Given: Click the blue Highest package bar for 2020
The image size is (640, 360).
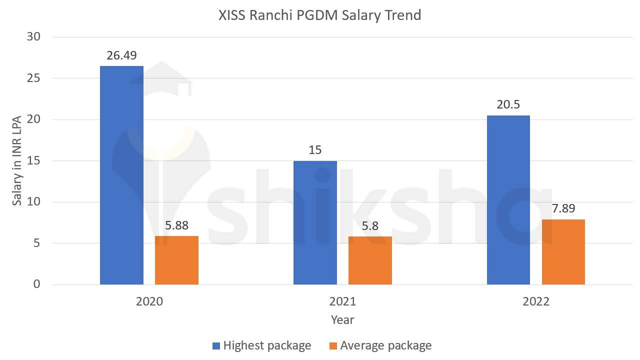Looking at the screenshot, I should pos(121,175).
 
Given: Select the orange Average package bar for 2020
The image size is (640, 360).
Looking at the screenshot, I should pos(176,260).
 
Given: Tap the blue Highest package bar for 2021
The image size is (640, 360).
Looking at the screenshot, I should pos(315,222).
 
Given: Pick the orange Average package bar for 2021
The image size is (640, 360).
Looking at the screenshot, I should pos(370,260).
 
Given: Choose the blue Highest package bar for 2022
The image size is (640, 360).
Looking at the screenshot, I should pos(508,200).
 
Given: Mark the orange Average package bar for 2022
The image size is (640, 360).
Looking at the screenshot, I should pos(563,252).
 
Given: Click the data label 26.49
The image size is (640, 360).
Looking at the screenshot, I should pos(121,55).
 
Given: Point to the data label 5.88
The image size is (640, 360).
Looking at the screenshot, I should pos(176,225).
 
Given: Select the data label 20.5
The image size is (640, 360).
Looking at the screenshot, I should pos(508,104).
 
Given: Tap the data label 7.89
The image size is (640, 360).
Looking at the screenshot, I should pos(563,208).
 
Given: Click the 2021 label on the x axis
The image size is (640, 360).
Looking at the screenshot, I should pos(342,301).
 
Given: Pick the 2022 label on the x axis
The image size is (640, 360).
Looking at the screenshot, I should pos(535,301).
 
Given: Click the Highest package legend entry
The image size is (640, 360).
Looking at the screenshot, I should pos(266,345).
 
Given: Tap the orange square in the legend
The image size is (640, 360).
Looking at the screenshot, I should pos(333,345).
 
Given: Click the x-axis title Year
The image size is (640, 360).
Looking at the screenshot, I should pos(342,319).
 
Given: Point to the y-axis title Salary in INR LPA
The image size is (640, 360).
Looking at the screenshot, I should pos(17,160).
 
